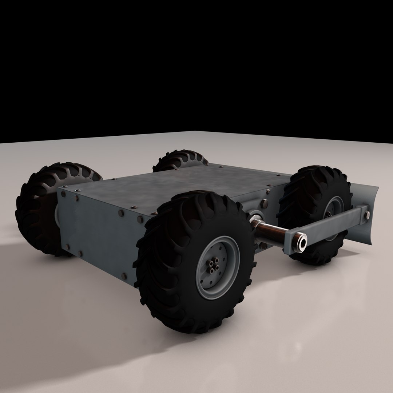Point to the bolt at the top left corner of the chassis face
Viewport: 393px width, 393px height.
pos(64,194)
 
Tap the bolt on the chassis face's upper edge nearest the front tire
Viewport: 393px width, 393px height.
pos(140,219)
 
